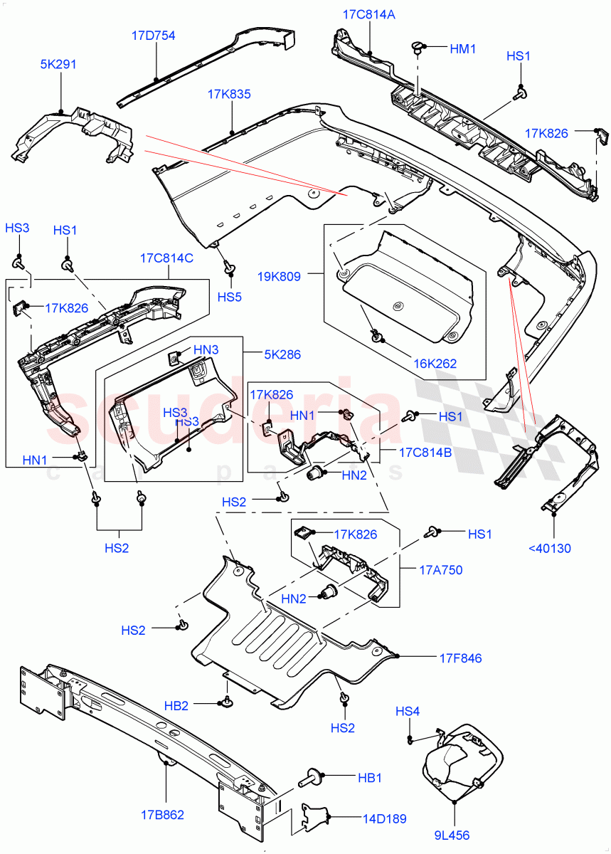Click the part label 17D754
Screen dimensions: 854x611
(153, 36)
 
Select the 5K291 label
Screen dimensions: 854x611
(58, 64)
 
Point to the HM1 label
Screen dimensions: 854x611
(462, 48)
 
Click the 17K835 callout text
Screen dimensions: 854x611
(229, 94)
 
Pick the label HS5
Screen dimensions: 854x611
(230, 297)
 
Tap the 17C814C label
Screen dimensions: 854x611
(166, 258)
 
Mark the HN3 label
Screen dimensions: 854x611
(206, 349)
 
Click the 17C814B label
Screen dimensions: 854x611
(425, 451)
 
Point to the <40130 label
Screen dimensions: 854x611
(549, 548)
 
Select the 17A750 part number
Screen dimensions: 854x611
(441, 569)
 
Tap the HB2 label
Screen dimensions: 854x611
(176, 706)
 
